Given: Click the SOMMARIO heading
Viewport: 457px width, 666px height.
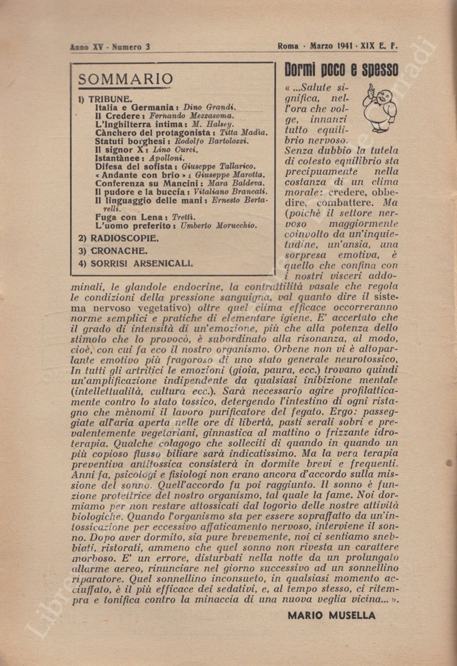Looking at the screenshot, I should tap(125, 79).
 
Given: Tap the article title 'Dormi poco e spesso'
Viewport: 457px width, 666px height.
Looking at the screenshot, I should tap(341, 71).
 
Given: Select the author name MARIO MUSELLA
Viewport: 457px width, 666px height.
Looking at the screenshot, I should tap(331, 615).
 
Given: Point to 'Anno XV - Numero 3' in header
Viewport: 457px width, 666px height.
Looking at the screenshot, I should tap(110, 47).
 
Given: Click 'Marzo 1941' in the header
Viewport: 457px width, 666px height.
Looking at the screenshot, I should tap(333, 47).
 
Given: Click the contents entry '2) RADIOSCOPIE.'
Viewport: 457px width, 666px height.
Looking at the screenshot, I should tap(119, 238).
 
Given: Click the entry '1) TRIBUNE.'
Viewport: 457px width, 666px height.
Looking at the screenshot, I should tap(105, 99).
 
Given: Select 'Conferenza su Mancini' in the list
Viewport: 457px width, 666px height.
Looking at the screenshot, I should tap(144, 183).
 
